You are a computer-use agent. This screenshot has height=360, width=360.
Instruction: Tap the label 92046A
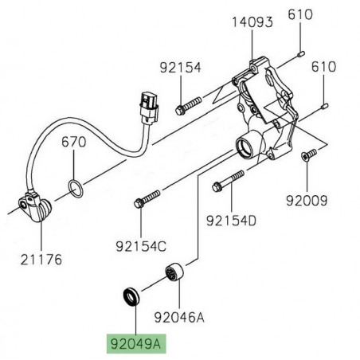pos(180,317)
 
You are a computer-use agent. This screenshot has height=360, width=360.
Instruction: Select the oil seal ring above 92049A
pos(131,297)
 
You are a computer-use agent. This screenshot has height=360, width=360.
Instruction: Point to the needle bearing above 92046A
pos(174,275)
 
